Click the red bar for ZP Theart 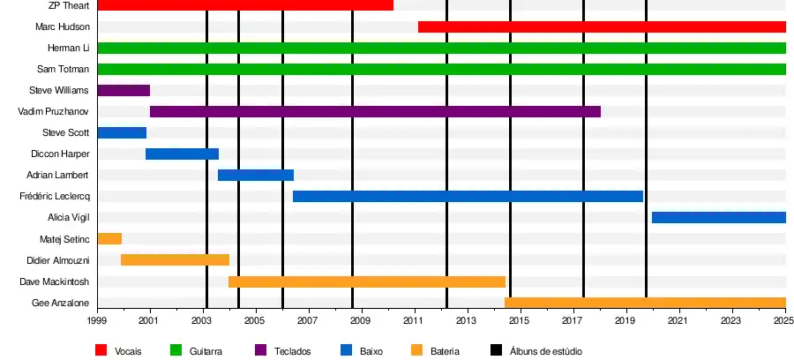pos(244,5)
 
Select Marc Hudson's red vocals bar pos(602,26)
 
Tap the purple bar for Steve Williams pos(124,90)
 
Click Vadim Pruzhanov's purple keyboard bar pos(375,111)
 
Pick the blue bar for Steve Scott pos(122,132)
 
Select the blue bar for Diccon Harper pos(182,154)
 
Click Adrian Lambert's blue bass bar pos(255,175)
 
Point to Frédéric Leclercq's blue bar pos(468,196)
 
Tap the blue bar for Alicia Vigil pos(718,217)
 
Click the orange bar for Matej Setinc pos(109,238)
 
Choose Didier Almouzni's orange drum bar pos(175,259)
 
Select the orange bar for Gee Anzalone pos(645,303)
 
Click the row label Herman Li pos(69,48)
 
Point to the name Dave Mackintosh pos(55,281)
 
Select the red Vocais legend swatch pos(101,350)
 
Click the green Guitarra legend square pos(175,350)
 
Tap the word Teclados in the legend pos(293,351)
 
